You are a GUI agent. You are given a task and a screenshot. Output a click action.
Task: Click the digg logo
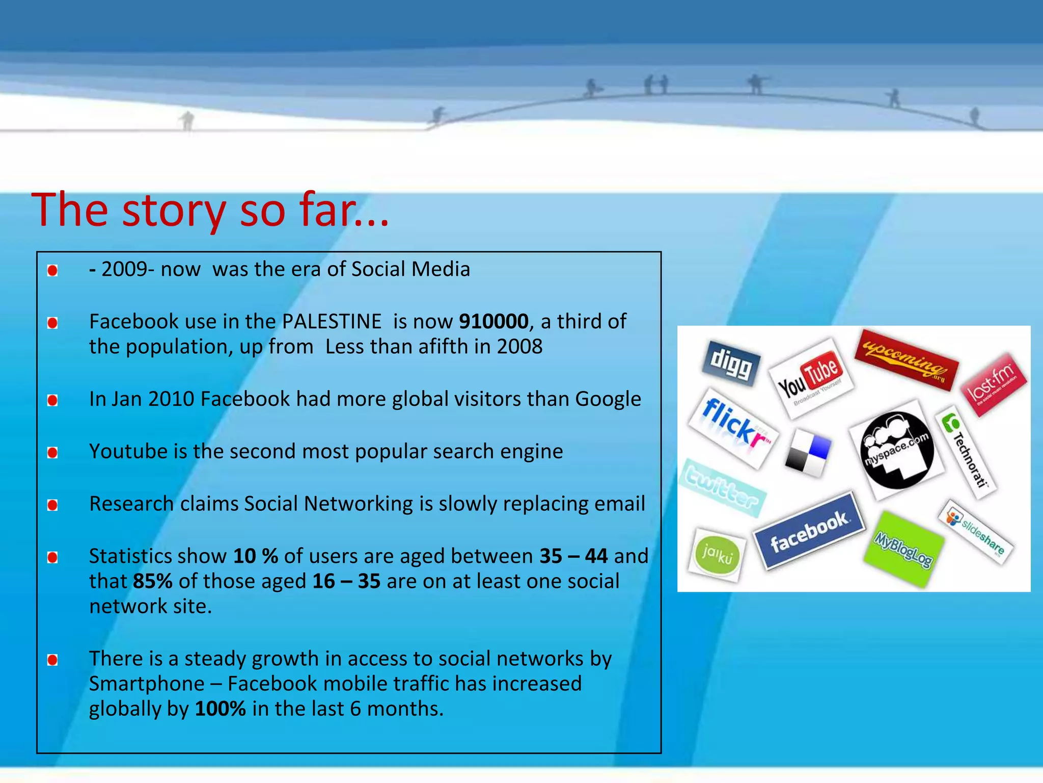click(x=731, y=363)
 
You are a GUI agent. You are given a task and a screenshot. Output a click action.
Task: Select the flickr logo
click(x=733, y=428)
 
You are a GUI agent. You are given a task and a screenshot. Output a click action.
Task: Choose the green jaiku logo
click(x=717, y=555)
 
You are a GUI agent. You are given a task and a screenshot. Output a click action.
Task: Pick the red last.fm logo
click(x=994, y=384)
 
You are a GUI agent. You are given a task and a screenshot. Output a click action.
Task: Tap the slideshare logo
click(x=976, y=532)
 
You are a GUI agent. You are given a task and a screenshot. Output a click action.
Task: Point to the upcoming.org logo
click(x=907, y=360)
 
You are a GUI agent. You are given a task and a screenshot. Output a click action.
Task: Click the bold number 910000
click(x=493, y=322)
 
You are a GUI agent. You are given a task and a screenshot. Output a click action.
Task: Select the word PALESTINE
click(x=332, y=322)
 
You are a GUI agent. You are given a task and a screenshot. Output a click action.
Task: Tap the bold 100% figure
click(x=220, y=709)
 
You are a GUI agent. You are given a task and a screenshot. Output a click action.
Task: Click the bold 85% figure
click(x=153, y=581)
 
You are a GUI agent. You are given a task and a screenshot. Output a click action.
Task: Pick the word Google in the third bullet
click(x=608, y=399)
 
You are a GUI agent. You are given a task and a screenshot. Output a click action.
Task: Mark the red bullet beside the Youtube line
click(x=52, y=453)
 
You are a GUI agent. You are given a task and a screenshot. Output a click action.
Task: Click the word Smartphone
click(x=147, y=684)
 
